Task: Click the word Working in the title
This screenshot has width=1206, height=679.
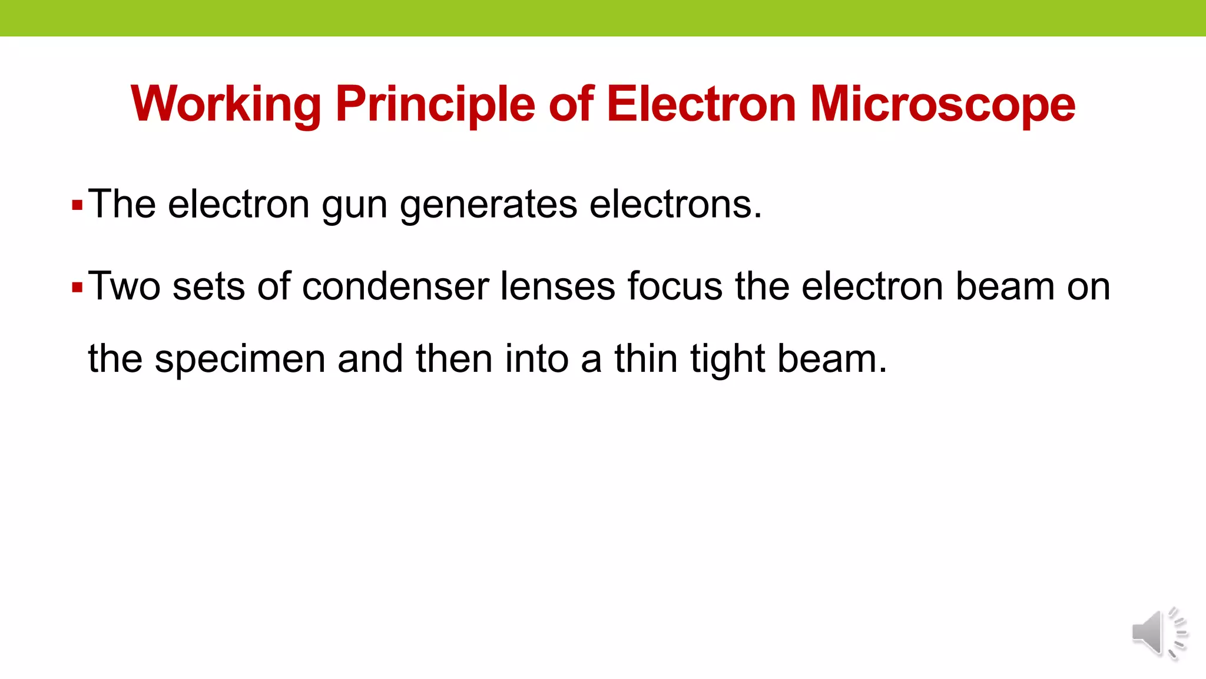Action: tap(226, 104)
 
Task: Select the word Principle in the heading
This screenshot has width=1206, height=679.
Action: tap(435, 104)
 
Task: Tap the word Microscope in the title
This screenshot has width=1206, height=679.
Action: tap(943, 104)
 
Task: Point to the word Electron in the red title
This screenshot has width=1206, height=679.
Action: tap(701, 104)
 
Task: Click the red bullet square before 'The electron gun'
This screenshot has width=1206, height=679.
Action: tap(77, 206)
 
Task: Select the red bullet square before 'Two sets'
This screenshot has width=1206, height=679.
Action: tap(77, 288)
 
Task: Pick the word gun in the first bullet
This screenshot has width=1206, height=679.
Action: tap(354, 206)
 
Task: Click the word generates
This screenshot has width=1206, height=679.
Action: tap(489, 206)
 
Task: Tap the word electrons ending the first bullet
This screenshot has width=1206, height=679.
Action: tap(675, 205)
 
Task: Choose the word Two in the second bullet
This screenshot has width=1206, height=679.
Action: tap(124, 286)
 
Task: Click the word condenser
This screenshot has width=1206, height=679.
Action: tap(395, 286)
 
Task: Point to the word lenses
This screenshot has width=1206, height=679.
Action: tap(557, 286)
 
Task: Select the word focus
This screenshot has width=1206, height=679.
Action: tap(675, 286)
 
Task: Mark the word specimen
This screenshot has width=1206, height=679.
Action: tap(240, 359)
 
